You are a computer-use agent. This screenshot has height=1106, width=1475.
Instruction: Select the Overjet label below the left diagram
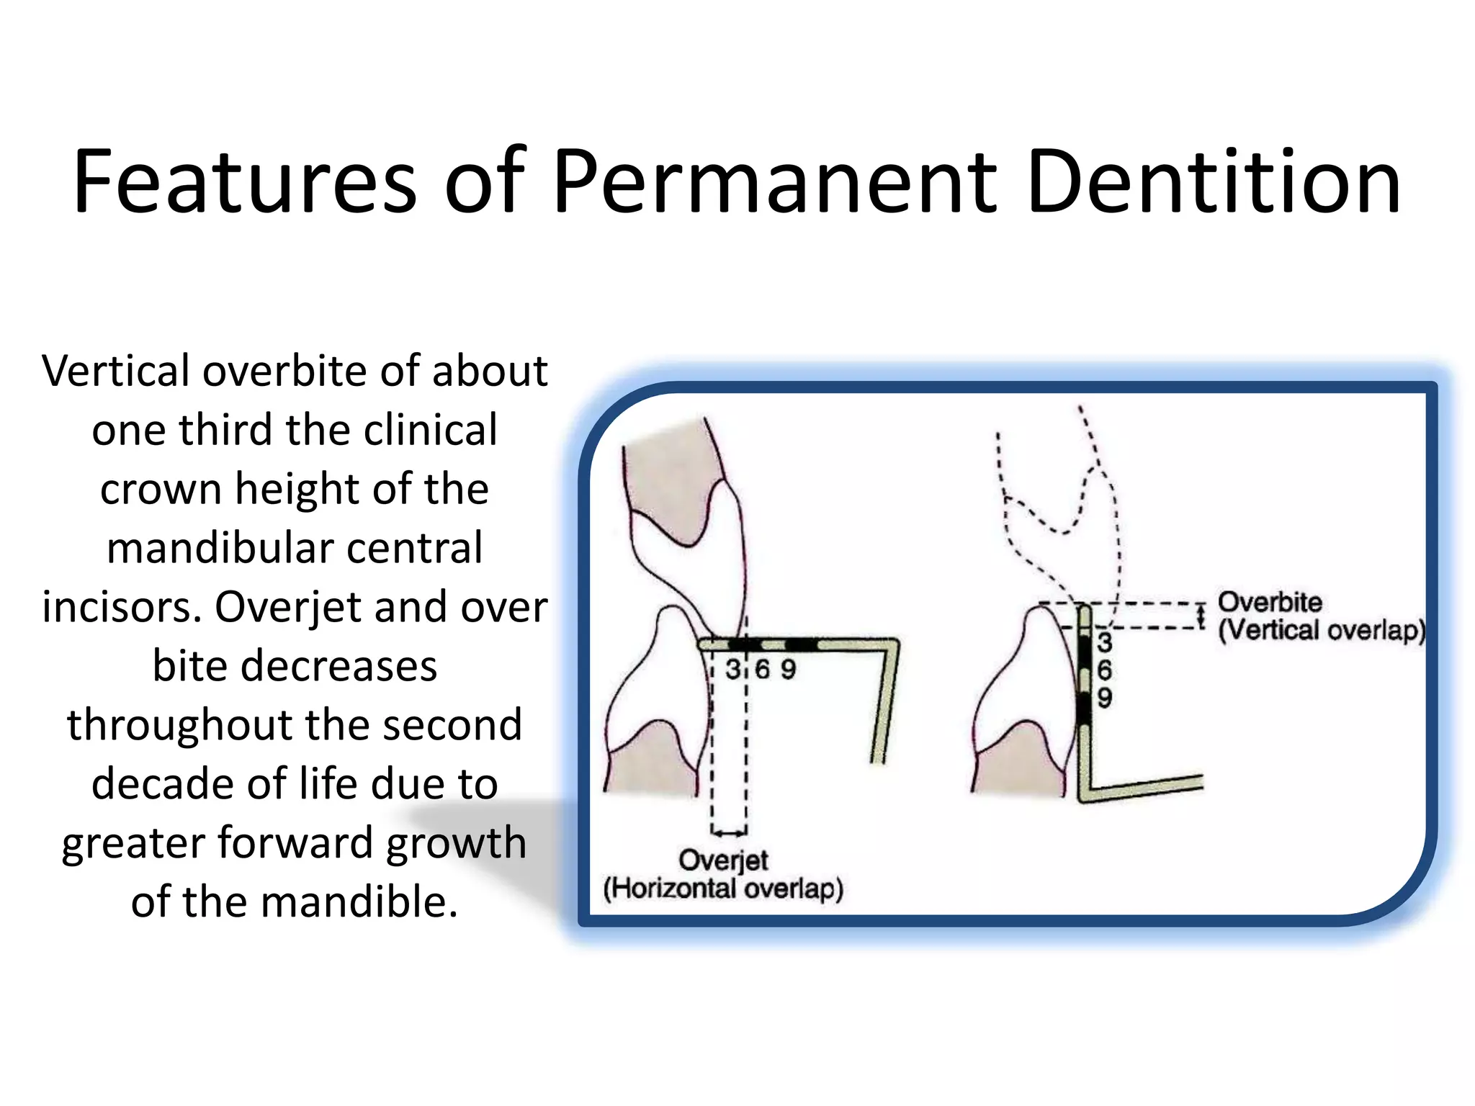pyautogui.click(x=723, y=860)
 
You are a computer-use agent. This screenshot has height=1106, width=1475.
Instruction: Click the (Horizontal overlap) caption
pyautogui.click(x=723, y=889)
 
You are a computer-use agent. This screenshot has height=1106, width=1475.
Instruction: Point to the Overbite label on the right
pyautogui.click(x=1270, y=602)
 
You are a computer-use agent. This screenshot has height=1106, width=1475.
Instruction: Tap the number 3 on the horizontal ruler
pyautogui.click(x=732, y=670)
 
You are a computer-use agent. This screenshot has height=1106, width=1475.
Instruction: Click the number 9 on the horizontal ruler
pyautogui.click(x=788, y=670)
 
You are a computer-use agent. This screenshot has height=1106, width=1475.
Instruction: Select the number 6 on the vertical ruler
pyautogui.click(x=1104, y=670)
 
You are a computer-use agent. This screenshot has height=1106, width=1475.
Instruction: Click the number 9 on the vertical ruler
pyautogui.click(x=1104, y=697)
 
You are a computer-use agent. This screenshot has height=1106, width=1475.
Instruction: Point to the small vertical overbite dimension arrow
pyautogui.click(x=1201, y=616)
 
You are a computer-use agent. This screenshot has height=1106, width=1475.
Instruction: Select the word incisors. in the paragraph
pyautogui.click(x=122, y=608)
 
